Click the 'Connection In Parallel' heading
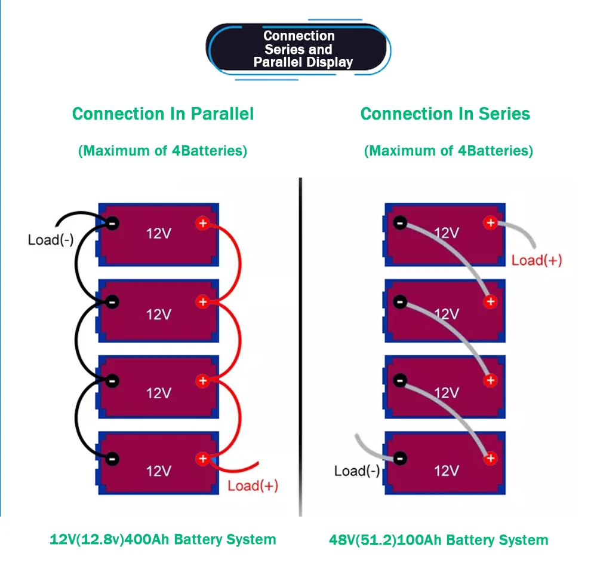[163, 114]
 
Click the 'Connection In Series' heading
[445, 114]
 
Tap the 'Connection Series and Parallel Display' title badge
[299, 49]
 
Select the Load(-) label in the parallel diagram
[51, 240]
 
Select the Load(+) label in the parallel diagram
[253, 485]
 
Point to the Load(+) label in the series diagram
[537, 260]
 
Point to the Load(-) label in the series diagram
[357, 471]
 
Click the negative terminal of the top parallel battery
[112, 224]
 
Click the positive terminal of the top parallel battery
[202, 224]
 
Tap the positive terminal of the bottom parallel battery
[202, 459]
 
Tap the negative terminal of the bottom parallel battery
[112, 459]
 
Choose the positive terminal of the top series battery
[490, 223]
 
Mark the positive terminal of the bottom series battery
[490, 459]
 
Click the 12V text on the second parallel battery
[159, 314]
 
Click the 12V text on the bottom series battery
[446, 471]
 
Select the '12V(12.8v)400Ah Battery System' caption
[162, 539]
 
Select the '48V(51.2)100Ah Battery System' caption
[438, 540]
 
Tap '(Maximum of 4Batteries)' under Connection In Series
[448, 151]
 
